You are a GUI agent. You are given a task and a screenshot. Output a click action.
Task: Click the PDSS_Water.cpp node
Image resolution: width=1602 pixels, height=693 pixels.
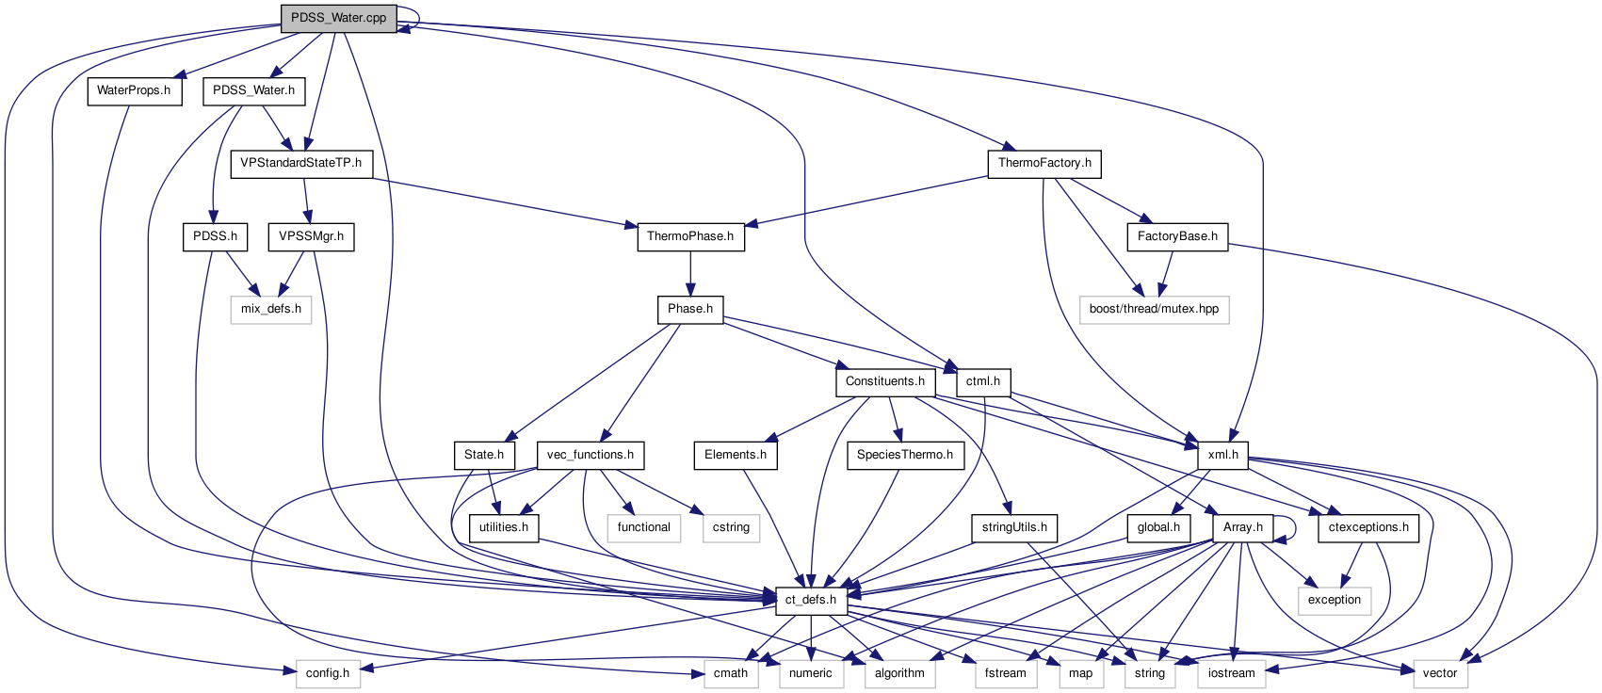(x=338, y=18)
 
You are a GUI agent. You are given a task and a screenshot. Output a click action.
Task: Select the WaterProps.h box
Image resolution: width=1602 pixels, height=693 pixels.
(x=134, y=91)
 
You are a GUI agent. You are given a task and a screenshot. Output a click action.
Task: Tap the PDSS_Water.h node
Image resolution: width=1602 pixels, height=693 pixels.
(x=253, y=91)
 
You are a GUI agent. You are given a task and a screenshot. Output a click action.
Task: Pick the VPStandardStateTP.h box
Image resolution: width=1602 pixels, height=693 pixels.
(x=300, y=164)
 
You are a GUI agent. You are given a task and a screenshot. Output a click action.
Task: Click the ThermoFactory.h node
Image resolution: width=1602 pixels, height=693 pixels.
(x=1044, y=164)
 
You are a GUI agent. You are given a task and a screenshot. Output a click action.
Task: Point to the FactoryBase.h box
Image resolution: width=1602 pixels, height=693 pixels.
(x=1176, y=236)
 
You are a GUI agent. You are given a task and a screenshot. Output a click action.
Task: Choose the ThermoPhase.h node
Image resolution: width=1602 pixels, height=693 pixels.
(x=690, y=236)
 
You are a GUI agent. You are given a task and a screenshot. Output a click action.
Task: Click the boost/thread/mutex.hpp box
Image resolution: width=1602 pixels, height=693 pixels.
(x=1154, y=309)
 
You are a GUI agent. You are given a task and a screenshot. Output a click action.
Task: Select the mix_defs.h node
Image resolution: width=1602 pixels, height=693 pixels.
(x=271, y=309)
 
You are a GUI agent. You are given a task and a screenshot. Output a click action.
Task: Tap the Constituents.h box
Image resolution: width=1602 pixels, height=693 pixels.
(x=884, y=382)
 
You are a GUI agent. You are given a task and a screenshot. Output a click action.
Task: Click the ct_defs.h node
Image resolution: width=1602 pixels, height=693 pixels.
(x=810, y=600)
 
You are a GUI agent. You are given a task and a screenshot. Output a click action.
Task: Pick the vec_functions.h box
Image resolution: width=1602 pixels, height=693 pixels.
(x=590, y=455)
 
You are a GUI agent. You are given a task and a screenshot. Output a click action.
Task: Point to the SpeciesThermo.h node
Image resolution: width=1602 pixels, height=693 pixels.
(x=904, y=455)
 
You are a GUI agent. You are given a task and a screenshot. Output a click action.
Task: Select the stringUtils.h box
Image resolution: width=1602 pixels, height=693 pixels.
(x=1014, y=527)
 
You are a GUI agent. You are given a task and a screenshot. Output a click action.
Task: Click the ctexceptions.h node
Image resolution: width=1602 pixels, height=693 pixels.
(x=1368, y=527)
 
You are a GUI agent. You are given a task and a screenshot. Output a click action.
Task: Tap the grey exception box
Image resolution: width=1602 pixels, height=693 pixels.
(x=1334, y=600)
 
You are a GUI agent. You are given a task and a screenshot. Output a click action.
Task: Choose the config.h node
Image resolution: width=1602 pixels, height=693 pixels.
(x=328, y=673)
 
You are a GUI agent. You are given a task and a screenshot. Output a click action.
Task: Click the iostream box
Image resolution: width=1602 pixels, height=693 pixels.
(x=1231, y=673)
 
